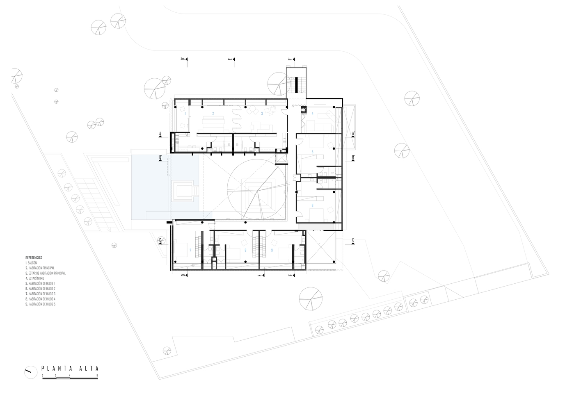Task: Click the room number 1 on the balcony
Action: [185, 113]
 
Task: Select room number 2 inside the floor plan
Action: [213, 113]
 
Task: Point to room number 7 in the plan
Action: [190, 250]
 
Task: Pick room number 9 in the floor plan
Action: [272, 250]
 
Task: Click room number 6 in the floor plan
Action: [312, 205]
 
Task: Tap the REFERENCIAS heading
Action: [34, 257]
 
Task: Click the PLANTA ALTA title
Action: [70, 368]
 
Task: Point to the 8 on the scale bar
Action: [97, 375]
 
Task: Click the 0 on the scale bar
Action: [42, 375]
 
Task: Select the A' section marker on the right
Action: [353, 133]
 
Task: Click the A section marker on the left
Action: [160, 133]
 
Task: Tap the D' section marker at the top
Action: [182, 59]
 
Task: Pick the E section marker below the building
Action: [259, 276]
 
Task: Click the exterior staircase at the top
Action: [296, 84]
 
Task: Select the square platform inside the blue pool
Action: [183, 191]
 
